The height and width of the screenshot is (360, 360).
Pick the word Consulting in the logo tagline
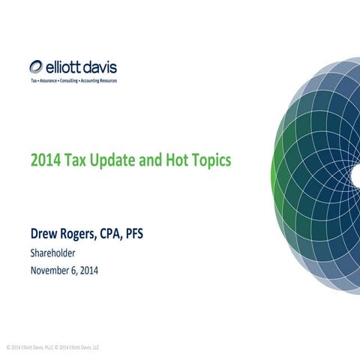pos(70,79)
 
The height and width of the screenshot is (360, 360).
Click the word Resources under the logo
pos(109,79)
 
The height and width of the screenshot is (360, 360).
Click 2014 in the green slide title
pos(43,160)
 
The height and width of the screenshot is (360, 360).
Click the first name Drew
pos(44,236)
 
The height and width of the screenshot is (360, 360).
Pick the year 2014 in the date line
pos(97,270)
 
